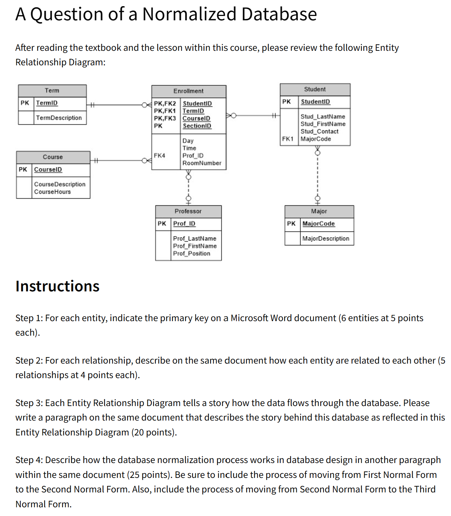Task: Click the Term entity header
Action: click(x=52, y=90)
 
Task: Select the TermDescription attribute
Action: click(x=58, y=118)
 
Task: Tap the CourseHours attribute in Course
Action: click(x=52, y=192)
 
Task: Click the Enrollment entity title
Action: click(x=188, y=91)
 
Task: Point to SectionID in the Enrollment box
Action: click(x=197, y=126)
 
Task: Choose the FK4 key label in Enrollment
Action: click(x=159, y=155)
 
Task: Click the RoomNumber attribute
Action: click(x=202, y=163)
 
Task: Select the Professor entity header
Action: click(x=188, y=211)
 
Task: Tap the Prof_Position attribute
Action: click(x=191, y=253)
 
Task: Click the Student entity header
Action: click(x=315, y=89)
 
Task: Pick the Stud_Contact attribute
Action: click(x=319, y=131)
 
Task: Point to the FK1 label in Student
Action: click(x=288, y=139)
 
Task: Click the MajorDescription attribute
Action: click(x=326, y=238)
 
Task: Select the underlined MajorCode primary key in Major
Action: click(x=318, y=224)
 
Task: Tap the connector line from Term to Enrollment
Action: click(x=116, y=105)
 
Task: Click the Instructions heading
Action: click(x=57, y=286)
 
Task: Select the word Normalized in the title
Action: click(x=189, y=14)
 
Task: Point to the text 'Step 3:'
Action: click(x=29, y=403)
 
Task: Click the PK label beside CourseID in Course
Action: click(x=23, y=169)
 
